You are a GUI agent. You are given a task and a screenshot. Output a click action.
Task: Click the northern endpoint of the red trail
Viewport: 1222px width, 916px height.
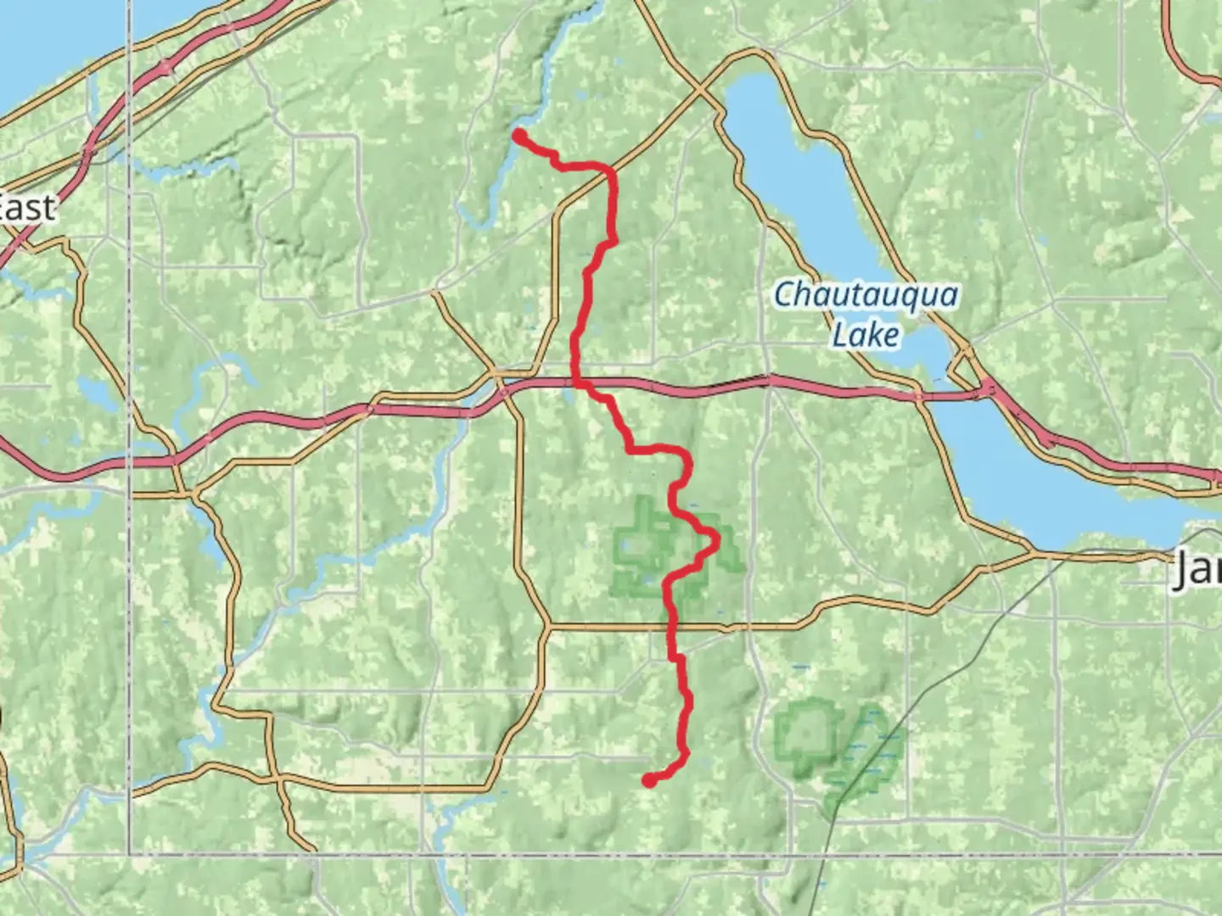pos(519,134)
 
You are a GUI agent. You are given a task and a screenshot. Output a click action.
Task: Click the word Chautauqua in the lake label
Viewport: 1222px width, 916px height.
pos(866,296)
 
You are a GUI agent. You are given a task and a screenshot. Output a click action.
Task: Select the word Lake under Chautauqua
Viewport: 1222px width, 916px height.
pos(865,334)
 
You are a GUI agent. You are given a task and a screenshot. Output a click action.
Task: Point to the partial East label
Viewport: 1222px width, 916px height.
pos(27,208)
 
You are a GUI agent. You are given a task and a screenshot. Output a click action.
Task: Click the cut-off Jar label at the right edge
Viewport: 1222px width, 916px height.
pos(1198,571)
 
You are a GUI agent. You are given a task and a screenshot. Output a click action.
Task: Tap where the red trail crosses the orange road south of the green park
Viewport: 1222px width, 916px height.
pos(672,627)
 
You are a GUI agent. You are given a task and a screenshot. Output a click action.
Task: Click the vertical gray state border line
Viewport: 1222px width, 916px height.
pos(131,594)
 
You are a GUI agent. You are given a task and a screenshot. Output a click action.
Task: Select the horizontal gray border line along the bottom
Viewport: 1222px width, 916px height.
pos(594,854)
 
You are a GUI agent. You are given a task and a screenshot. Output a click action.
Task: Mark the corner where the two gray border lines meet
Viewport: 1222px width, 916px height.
pos(131,854)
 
